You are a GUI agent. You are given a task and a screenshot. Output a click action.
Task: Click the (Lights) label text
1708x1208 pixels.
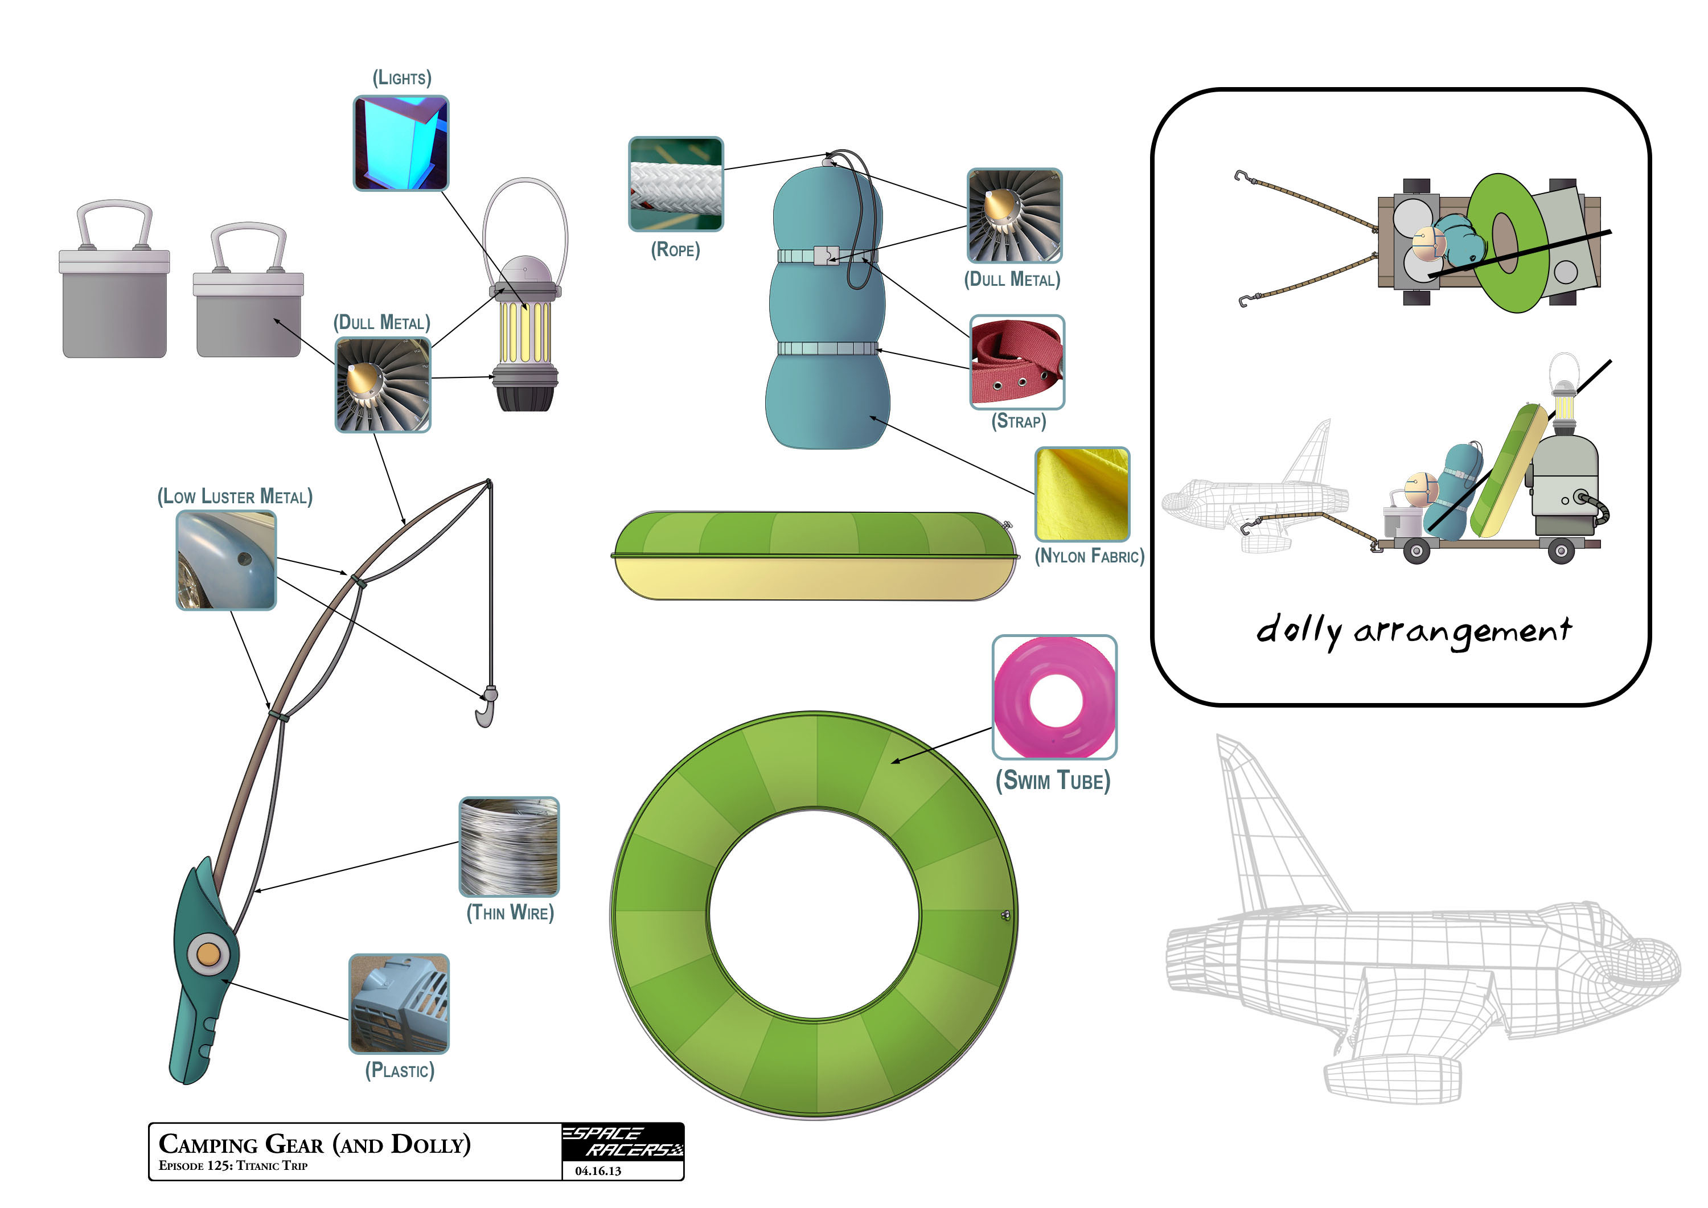(402, 78)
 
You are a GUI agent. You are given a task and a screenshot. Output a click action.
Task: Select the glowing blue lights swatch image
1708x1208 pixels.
(401, 143)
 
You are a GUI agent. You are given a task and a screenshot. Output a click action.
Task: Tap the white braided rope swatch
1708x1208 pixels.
(675, 184)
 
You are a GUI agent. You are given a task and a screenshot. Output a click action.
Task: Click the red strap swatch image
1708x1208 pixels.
(1017, 361)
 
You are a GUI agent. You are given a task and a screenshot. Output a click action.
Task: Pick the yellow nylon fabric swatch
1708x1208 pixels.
(1082, 494)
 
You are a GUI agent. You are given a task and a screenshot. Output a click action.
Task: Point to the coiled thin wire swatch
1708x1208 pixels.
(510, 847)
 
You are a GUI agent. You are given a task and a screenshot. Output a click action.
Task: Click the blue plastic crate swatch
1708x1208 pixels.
(400, 1004)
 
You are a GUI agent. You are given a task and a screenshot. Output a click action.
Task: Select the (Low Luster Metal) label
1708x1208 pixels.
(235, 497)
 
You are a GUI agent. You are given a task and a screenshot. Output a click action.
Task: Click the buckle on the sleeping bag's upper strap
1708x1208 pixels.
(826, 256)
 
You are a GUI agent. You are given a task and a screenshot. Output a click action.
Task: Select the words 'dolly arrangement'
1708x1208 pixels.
(1414, 631)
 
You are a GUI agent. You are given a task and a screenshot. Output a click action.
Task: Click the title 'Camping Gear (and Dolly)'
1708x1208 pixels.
(315, 1144)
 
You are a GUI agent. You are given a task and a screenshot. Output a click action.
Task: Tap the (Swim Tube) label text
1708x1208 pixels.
(1053, 781)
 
